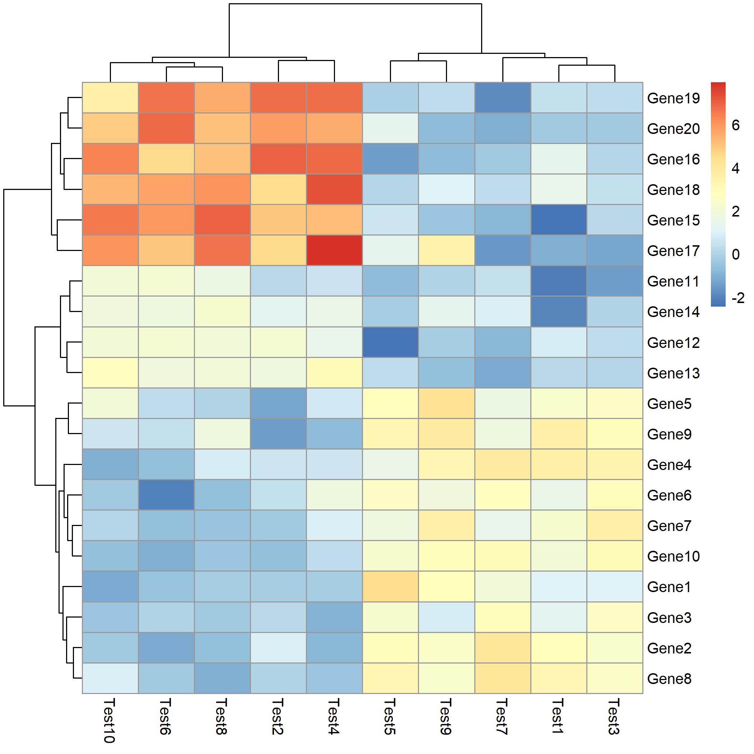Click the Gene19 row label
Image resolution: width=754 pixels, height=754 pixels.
tap(673, 98)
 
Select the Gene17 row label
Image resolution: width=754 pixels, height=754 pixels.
tap(673, 251)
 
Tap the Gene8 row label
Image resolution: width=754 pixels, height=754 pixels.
tap(669, 679)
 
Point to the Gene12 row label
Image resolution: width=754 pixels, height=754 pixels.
tap(673, 343)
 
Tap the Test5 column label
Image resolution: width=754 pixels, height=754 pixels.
tap(390, 717)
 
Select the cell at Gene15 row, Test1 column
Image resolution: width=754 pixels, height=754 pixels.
tap(558, 220)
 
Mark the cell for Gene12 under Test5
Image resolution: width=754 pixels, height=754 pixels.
tap(390, 342)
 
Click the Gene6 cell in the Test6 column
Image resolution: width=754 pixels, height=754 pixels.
tap(166, 495)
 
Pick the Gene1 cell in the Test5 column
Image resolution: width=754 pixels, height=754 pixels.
tap(390, 587)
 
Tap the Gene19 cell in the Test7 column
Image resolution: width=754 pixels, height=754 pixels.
tap(503, 98)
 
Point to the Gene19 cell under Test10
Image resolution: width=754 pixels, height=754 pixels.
tap(111, 98)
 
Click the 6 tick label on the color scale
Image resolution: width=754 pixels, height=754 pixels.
tap(736, 125)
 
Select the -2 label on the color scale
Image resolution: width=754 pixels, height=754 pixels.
tap(738, 298)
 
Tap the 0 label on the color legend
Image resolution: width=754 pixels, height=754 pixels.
tap(736, 255)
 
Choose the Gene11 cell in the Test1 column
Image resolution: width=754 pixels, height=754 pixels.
tap(558, 281)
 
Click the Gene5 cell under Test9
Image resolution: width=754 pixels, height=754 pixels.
tap(446, 403)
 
